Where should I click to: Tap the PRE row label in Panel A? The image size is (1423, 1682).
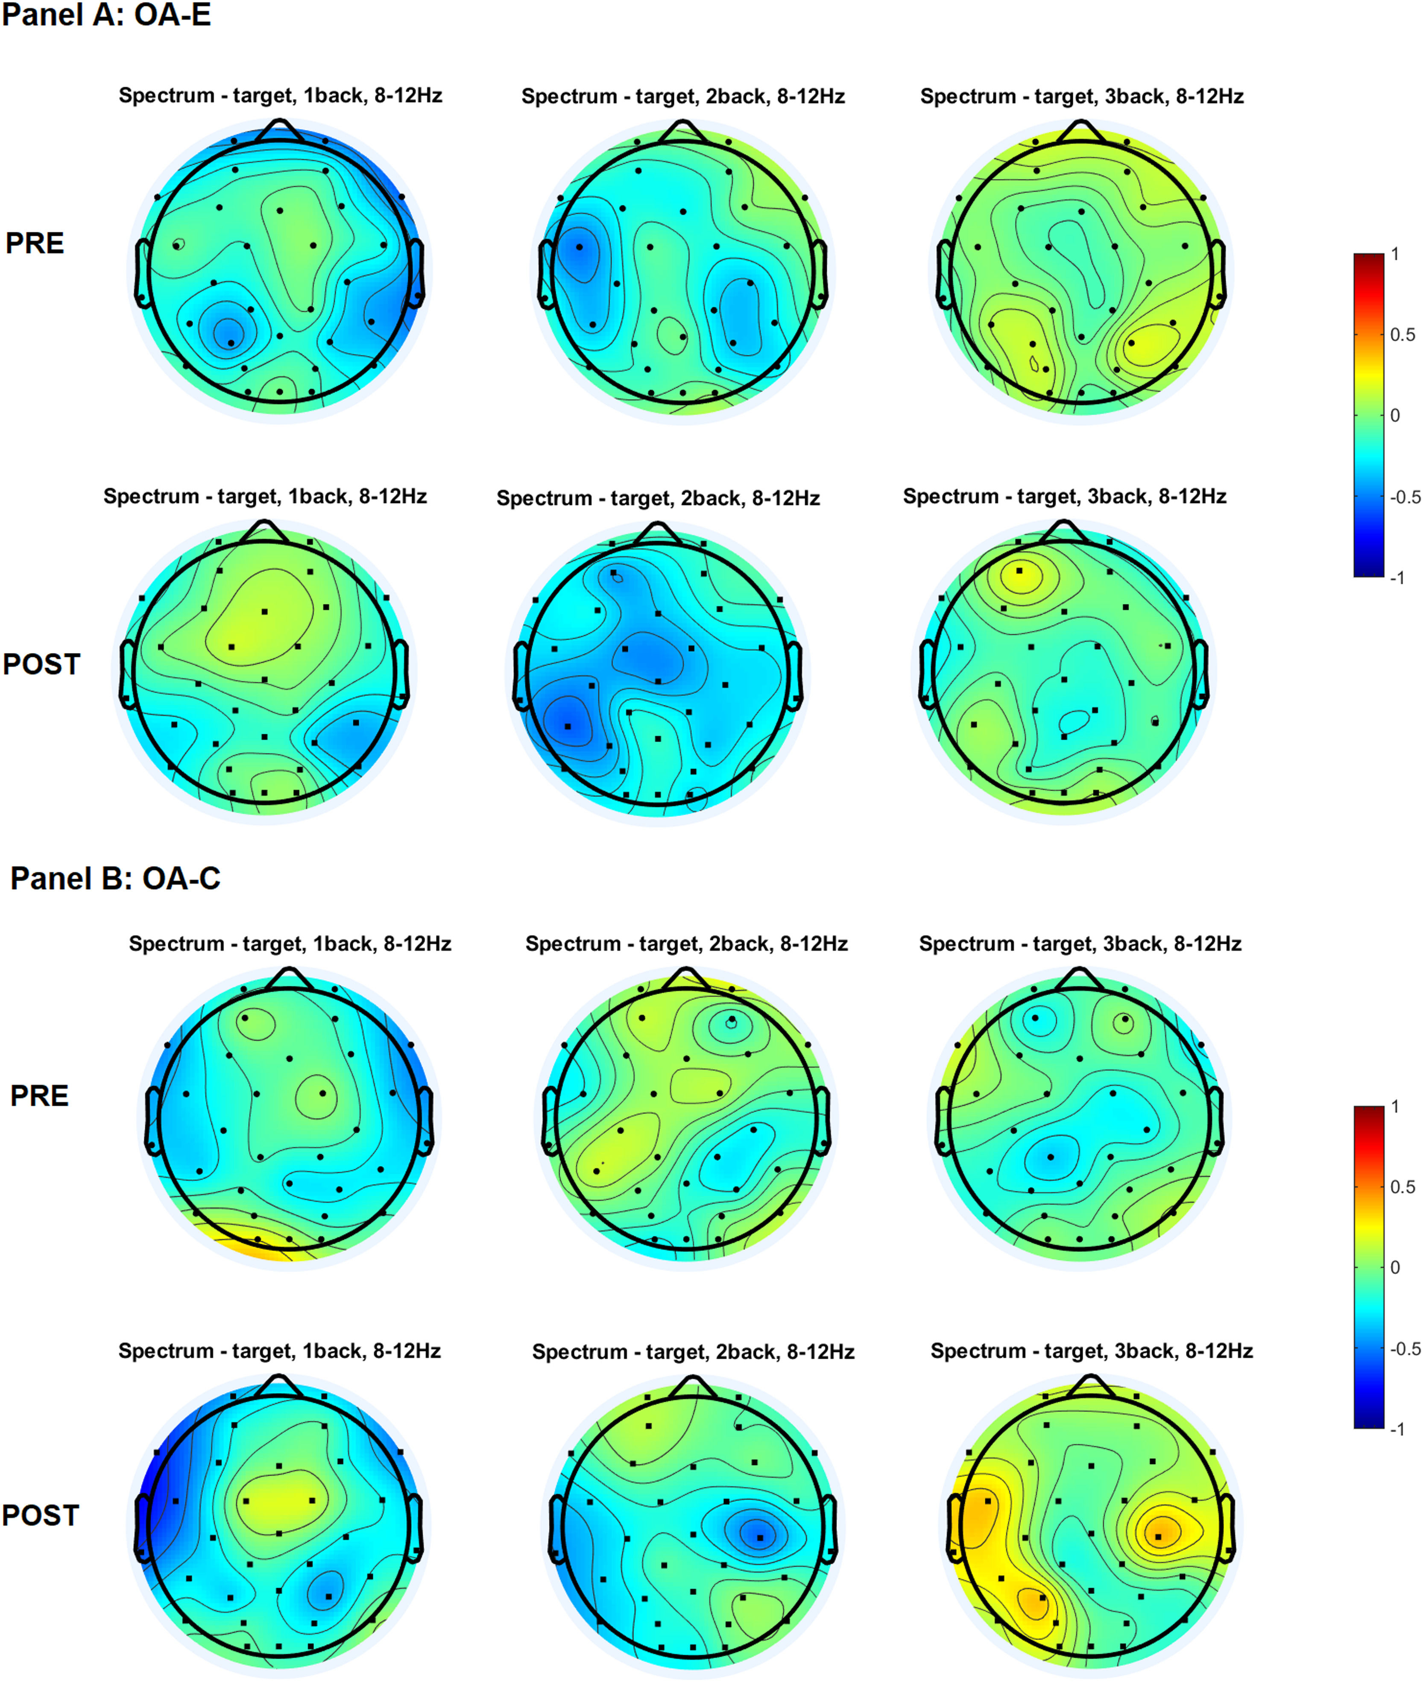(x=35, y=243)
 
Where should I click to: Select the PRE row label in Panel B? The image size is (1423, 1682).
(x=39, y=1096)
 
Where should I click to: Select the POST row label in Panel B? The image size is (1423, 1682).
(x=40, y=1515)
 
